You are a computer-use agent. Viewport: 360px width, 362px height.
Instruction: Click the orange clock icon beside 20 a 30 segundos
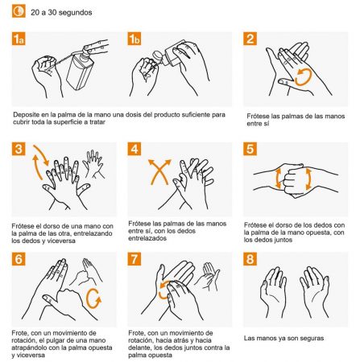[19, 11]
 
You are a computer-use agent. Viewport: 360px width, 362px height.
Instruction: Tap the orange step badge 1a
[19, 39]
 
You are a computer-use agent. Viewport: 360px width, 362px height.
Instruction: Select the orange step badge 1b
[134, 39]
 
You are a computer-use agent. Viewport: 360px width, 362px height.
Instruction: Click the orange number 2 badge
[250, 39]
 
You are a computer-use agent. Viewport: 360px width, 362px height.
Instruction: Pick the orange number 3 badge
[19, 149]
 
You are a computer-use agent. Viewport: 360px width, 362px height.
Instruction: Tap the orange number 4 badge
[134, 149]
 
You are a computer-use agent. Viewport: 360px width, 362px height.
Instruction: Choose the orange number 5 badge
[250, 149]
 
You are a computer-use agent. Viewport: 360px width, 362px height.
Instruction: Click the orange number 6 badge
[19, 259]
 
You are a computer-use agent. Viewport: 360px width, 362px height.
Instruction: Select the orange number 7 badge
[134, 259]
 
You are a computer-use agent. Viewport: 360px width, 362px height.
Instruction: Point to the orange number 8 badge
[250, 259]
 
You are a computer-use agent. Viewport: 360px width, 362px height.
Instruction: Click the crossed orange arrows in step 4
[160, 171]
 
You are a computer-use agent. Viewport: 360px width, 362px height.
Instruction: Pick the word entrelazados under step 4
[147, 238]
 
